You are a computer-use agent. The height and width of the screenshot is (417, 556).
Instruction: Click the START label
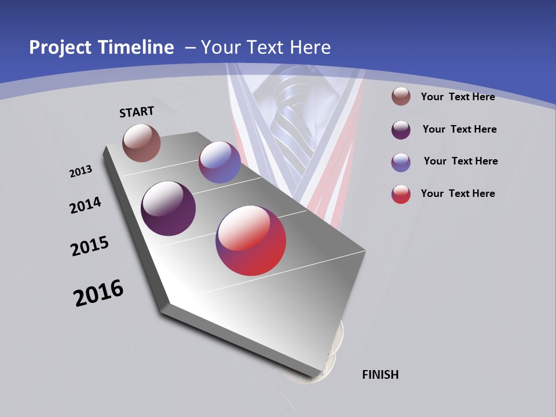tap(137, 112)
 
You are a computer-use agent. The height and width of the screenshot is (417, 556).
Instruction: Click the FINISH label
tap(380, 375)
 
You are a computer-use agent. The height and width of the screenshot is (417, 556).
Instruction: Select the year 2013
tap(81, 171)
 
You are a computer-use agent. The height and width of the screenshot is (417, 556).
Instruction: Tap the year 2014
tap(85, 206)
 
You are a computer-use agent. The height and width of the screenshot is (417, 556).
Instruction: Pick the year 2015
tap(90, 246)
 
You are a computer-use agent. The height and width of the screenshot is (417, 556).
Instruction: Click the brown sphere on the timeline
tap(141, 142)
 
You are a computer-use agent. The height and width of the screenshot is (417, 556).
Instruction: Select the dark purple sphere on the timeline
tap(168, 209)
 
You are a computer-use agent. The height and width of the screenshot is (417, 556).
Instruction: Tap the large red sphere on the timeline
tap(251, 240)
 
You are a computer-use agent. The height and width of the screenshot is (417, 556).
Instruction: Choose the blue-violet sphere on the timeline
tap(220, 162)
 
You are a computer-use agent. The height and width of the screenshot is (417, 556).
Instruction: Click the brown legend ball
tap(401, 96)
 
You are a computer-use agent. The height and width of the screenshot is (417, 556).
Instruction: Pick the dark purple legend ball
tap(401, 129)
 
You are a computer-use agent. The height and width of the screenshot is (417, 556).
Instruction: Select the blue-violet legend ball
tap(401, 162)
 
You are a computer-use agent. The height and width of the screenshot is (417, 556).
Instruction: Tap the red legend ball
tap(401, 194)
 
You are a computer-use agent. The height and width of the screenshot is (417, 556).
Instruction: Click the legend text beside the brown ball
tap(458, 97)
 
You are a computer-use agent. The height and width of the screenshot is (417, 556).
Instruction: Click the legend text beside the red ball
tap(458, 193)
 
